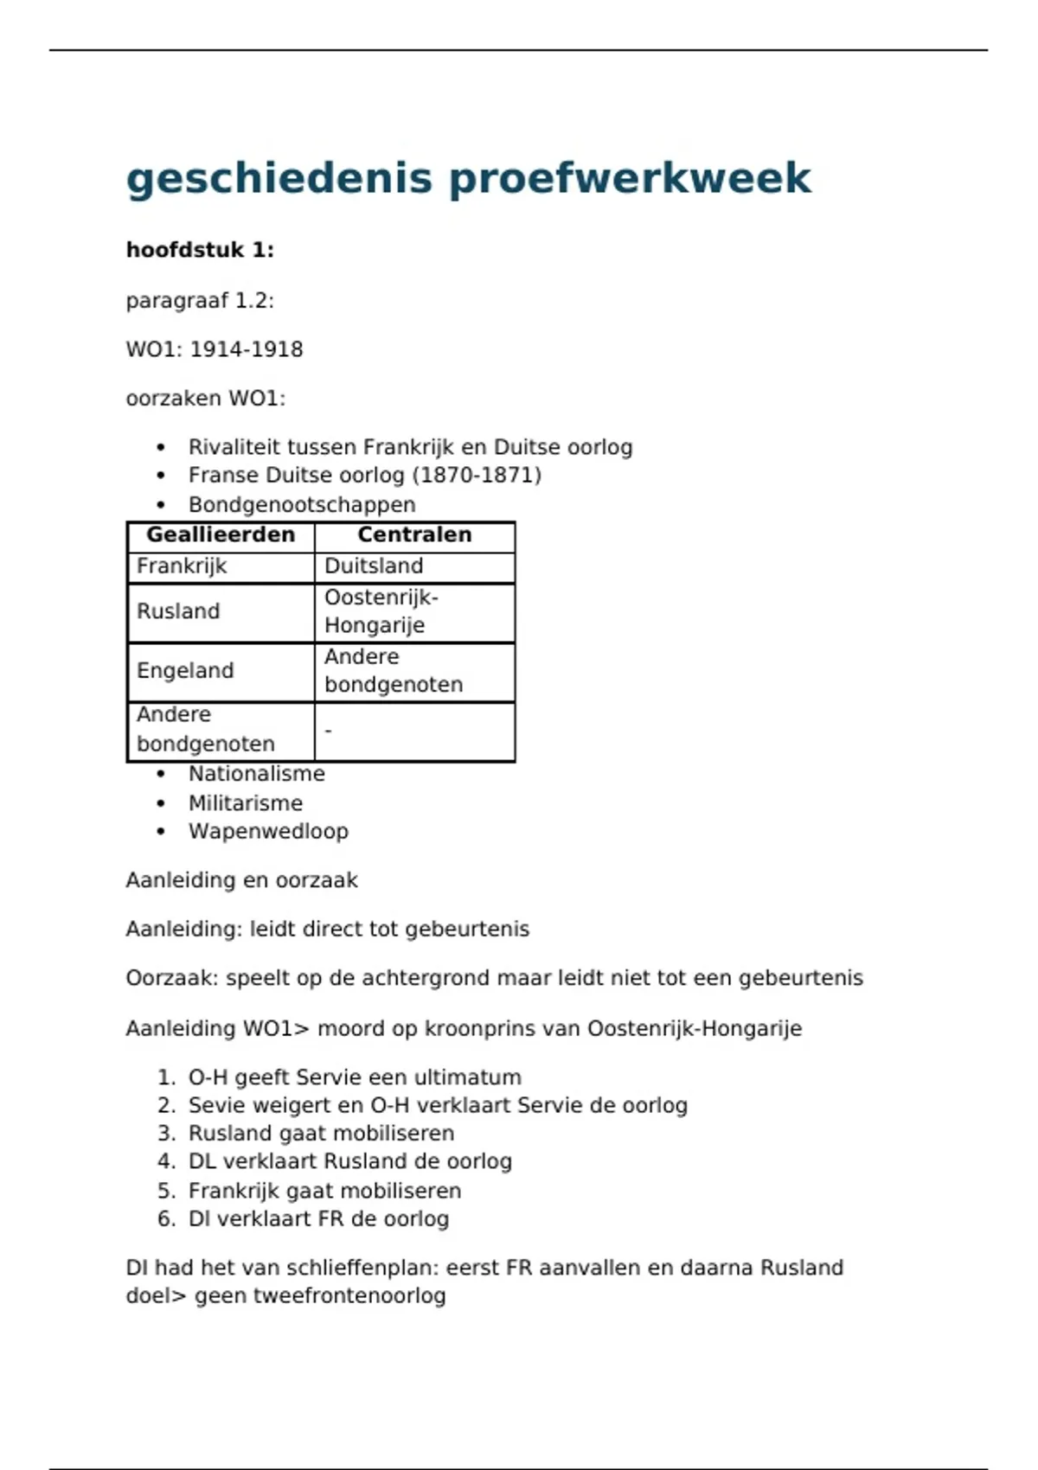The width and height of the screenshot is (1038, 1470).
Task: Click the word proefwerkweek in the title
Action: click(x=630, y=179)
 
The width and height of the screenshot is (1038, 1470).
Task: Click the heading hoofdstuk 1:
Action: click(x=200, y=251)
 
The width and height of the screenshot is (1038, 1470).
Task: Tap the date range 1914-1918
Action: click(x=247, y=349)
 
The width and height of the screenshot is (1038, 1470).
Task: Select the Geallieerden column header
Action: click(x=221, y=535)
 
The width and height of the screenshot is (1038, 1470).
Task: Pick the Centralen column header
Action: click(x=414, y=535)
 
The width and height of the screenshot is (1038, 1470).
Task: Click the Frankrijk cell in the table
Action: click(x=182, y=566)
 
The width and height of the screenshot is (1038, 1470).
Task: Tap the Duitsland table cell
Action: click(x=374, y=566)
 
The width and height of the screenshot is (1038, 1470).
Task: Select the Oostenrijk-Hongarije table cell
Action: click(x=381, y=611)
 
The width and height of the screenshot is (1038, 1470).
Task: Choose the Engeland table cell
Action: click(x=185, y=671)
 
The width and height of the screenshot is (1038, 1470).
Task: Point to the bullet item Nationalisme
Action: click(x=257, y=774)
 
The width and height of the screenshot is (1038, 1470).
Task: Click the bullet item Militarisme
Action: click(x=246, y=803)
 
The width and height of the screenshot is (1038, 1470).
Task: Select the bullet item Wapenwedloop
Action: click(x=268, y=832)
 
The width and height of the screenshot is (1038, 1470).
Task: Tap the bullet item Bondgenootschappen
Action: click(x=302, y=505)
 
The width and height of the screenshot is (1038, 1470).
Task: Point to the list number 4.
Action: click(x=165, y=1161)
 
